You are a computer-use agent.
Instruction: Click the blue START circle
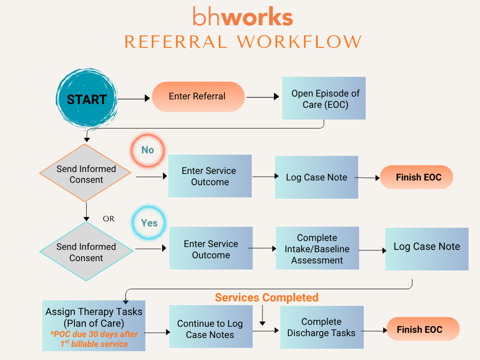87,99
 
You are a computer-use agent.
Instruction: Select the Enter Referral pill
198,97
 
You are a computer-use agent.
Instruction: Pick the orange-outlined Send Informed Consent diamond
86,174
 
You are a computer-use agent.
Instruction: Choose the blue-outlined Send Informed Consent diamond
86,252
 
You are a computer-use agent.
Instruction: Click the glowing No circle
148,150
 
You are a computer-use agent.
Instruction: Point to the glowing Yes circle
149,223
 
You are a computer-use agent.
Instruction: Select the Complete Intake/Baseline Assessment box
317,248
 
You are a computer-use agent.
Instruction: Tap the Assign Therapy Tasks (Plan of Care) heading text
94,317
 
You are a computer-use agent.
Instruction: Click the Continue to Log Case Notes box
210,329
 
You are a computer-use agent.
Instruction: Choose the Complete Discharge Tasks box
322,327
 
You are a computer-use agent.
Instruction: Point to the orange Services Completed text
267,298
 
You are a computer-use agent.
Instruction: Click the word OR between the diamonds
108,219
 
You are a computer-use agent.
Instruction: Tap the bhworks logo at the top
243,17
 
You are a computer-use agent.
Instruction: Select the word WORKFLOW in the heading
299,42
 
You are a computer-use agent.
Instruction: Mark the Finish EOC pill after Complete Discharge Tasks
420,330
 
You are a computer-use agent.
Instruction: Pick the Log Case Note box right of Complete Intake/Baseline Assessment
427,249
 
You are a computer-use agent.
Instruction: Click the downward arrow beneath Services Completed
262,317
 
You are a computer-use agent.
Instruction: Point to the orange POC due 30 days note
94,338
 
